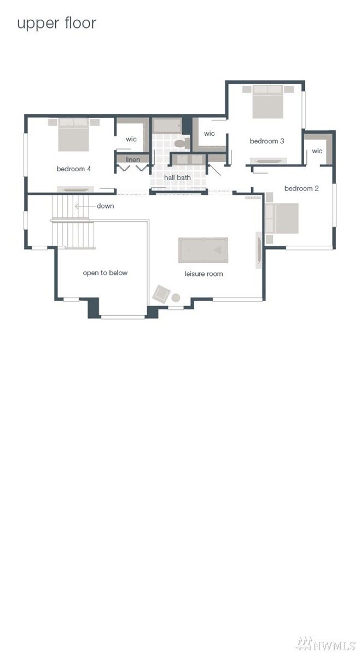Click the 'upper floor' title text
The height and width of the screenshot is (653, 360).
pyautogui.click(x=56, y=24)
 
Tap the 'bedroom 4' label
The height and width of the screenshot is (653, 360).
pyautogui.click(x=73, y=169)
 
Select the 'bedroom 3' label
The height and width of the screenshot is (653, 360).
pyautogui.click(x=266, y=141)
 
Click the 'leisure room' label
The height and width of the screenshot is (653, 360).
pyautogui.click(x=204, y=274)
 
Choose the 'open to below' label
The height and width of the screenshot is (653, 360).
pyautogui.click(x=105, y=273)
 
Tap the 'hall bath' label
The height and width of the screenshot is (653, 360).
pyautogui.click(x=177, y=178)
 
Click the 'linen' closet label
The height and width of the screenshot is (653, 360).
pyautogui.click(x=132, y=160)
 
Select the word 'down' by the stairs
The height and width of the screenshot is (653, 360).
pyautogui.click(x=105, y=206)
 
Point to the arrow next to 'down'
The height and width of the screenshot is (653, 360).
pyautogui.click(x=84, y=206)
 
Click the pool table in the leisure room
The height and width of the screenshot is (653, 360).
pyautogui.click(x=203, y=250)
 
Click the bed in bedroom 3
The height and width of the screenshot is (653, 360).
pyautogui.click(x=268, y=102)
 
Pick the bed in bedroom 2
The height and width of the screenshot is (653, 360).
pyautogui.click(x=282, y=218)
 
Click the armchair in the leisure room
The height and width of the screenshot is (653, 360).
pyautogui.click(x=161, y=294)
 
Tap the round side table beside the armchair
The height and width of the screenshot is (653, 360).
pyautogui.click(x=176, y=298)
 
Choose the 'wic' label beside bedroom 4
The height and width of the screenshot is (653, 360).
pyautogui.click(x=131, y=139)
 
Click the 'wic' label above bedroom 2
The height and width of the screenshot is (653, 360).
pyautogui.click(x=317, y=151)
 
